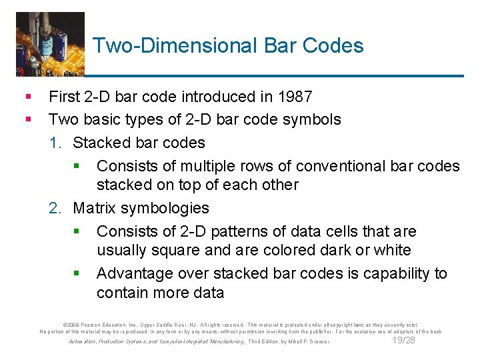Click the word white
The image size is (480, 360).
click(392, 251)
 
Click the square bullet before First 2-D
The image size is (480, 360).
click(27, 97)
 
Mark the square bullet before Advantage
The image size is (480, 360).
click(77, 274)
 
